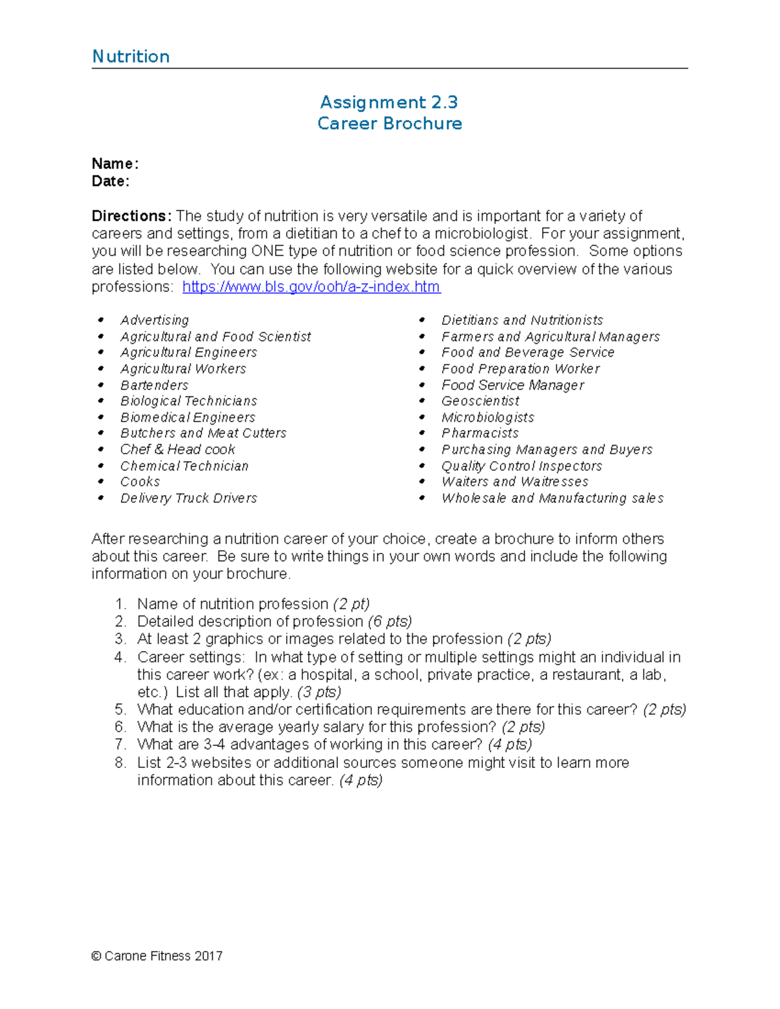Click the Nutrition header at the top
[131, 57]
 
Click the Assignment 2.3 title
[389, 102]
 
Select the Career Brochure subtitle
[389, 123]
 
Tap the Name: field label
[115, 163]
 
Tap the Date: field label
[110, 181]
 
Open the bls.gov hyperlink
[311, 287]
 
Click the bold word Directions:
[131, 216]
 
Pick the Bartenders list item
[154, 385]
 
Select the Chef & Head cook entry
[177, 449]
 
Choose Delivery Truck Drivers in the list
[188, 498]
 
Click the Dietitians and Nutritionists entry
[522, 320]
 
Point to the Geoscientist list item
[480, 401]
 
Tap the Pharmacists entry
[480, 433]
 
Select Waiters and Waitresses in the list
[515, 481]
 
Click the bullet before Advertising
[101, 320]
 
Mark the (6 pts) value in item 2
[389, 621]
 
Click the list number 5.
[120, 709]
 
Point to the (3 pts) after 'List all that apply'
[318, 692]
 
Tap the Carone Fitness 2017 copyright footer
[157, 956]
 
